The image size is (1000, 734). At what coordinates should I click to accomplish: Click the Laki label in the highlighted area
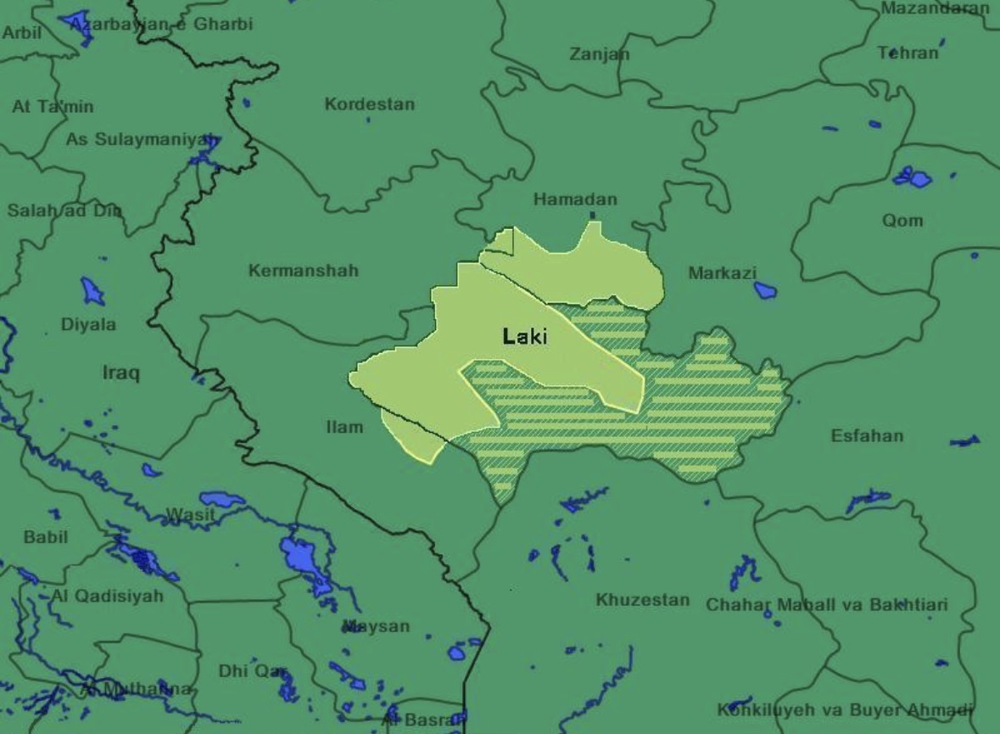click(x=525, y=337)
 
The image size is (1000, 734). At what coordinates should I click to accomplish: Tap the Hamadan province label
click(x=575, y=200)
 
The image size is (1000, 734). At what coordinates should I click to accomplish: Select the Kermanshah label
click(x=304, y=271)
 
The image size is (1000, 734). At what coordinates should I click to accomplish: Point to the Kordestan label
click(x=370, y=105)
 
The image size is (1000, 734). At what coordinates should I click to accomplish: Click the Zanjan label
click(x=600, y=54)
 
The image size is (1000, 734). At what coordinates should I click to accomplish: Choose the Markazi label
click(x=722, y=273)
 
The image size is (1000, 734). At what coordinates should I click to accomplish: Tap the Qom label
click(x=902, y=221)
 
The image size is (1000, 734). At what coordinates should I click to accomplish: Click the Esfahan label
click(x=867, y=436)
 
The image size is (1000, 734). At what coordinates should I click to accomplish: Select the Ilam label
click(x=344, y=427)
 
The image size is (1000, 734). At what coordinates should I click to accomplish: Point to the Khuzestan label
click(x=642, y=600)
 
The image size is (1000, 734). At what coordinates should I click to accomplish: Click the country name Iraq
click(x=121, y=373)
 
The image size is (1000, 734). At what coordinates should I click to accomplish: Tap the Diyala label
click(x=88, y=324)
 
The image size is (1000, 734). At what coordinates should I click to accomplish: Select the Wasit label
click(x=190, y=514)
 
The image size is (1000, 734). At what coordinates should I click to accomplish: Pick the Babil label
click(x=46, y=537)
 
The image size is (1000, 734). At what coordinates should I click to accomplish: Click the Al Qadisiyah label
click(x=107, y=596)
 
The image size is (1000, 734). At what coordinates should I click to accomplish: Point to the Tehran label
click(x=908, y=53)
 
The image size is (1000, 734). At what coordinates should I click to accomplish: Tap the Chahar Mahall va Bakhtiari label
click(x=827, y=605)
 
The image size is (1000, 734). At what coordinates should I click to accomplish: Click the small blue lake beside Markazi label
click(x=765, y=290)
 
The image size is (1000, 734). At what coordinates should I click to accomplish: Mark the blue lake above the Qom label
click(x=913, y=177)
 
